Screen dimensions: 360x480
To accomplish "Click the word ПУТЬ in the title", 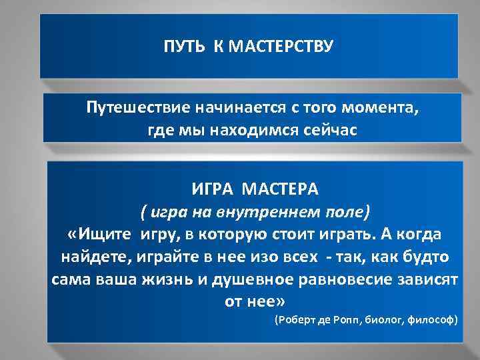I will (180, 48).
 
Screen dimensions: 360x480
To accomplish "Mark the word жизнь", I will (174, 279).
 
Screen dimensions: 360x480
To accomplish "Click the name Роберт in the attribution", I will (299, 321).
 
